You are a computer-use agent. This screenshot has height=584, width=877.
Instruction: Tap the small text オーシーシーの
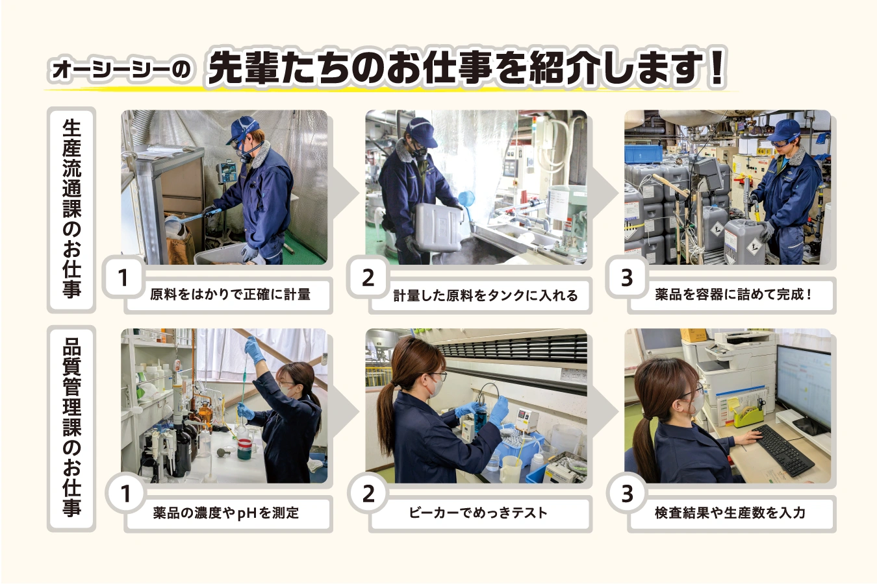[121, 70]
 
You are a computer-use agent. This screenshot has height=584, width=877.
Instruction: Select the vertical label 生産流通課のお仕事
[71, 210]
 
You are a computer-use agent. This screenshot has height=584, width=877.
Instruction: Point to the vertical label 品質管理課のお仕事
[71, 428]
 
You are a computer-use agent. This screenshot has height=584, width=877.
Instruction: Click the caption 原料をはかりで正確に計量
[230, 295]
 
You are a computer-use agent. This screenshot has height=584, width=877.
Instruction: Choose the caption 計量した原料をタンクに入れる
[485, 295]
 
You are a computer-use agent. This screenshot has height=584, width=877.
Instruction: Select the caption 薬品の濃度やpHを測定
[226, 513]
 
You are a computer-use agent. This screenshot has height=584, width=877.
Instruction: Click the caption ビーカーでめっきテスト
[477, 513]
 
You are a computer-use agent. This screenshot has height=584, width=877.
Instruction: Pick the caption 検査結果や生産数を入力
[730, 513]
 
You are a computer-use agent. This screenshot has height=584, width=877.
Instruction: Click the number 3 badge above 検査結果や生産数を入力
[627, 494]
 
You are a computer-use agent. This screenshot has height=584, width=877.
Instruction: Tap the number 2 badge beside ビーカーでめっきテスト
[368, 494]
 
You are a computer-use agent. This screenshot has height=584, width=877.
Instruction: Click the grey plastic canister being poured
[439, 227]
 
